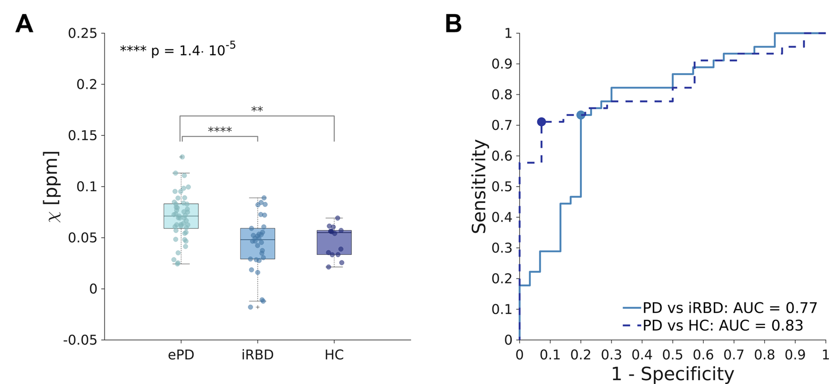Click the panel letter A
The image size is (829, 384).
coord(24,24)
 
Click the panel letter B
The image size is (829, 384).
coord(453,24)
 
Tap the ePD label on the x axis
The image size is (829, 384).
coord(181,355)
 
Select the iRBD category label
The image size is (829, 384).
coord(258,355)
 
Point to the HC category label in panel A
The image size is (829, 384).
coord(334,355)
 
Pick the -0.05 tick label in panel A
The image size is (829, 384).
coord(80,340)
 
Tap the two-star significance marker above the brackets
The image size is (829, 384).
coord(257,109)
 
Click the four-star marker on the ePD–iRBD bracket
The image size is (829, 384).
coord(220,130)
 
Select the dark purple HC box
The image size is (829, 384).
coord(334,242)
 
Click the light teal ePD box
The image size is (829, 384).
coord(181,216)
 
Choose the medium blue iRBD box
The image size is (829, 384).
coord(258,244)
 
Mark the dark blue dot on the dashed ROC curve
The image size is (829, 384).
coord(541,122)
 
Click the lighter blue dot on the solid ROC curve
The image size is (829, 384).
coord(581,115)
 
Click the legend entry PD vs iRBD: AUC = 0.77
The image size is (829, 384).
coord(720,308)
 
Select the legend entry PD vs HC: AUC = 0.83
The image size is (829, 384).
coord(713,326)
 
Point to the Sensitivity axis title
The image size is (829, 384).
coord(479,186)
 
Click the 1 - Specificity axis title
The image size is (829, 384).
coord(672,374)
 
